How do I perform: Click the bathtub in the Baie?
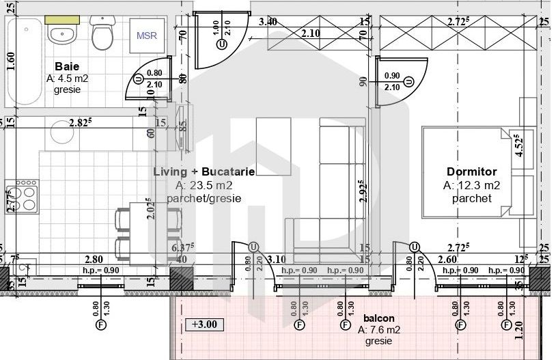click(24, 61)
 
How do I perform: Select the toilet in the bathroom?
click(102, 34)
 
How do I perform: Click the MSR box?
click(146, 36)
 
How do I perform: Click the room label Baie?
click(67, 67)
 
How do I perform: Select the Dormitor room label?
click(471, 172)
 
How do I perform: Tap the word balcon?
click(378, 318)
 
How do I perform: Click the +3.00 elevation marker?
click(204, 324)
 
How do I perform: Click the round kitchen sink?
click(61, 133)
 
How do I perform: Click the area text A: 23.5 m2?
click(204, 186)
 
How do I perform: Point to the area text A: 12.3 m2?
click(471, 185)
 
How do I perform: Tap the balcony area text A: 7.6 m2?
click(378, 330)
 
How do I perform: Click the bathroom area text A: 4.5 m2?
click(67, 79)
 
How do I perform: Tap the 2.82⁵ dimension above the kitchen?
click(81, 124)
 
